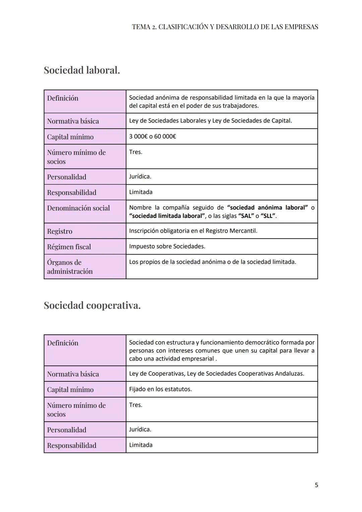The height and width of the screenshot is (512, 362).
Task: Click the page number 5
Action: tap(316, 485)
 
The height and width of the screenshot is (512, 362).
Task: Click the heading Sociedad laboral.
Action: tap(82, 70)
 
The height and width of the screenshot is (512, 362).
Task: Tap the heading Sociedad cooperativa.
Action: tap(92, 306)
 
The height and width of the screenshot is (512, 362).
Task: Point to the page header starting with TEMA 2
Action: tap(225, 27)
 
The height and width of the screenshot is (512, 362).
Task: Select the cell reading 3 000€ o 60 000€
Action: tap(153, 136)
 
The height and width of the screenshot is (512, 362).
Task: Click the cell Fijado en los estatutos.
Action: tap(161, 389)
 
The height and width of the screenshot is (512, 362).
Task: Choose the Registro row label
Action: tap(60, 231)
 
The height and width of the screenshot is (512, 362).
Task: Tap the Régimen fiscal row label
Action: tap(69, 247)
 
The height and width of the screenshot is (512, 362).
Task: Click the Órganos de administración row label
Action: tap(70, 267)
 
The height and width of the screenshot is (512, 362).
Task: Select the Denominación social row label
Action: tap(78, 208)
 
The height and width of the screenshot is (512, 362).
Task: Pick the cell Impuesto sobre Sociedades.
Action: tap(167, 246)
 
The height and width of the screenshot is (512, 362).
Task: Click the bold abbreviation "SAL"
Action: tap(246, 216)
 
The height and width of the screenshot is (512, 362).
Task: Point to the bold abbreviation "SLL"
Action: tap(268, 216)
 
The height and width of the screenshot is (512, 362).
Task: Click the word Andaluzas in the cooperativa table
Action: tap(289, 374)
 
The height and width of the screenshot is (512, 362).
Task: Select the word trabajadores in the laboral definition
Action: tap(240, 106)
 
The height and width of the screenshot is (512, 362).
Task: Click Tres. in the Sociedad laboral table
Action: tap(136, 152)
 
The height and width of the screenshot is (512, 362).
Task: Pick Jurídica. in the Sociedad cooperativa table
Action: tap(140, 429)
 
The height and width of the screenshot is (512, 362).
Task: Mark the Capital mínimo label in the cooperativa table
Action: tap(70, 389)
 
